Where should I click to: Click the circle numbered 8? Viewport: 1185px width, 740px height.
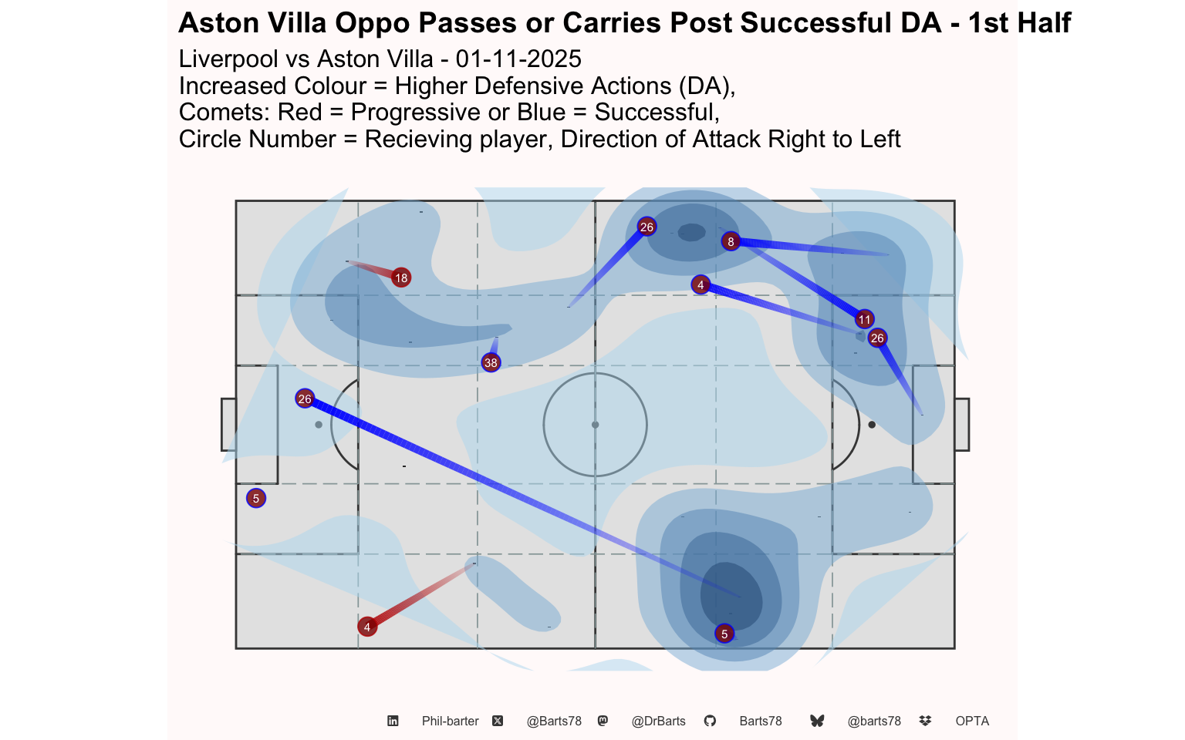click(x=731, y=241)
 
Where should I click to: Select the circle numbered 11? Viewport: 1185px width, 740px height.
click(x=864, y=319)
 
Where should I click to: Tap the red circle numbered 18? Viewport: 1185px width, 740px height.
click(x=400, y=277)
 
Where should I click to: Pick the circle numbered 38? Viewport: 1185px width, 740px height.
click(x=491, y=362)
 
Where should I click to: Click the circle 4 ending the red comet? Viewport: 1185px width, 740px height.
click(x=367, y=627)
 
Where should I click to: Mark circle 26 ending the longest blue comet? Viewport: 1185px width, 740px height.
click(x=305, y=399)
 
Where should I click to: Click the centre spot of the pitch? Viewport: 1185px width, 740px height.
click(x=595, y=425)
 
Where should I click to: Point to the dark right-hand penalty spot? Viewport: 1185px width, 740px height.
click(x=872, y=425)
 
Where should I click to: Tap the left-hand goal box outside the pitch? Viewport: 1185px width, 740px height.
click(x=228, y=425)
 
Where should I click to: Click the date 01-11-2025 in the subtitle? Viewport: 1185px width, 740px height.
click(x=518, y=59)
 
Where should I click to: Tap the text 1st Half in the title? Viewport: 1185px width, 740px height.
click(x=1019, y=23)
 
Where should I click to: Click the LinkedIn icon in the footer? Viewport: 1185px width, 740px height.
click(x=393, y=721)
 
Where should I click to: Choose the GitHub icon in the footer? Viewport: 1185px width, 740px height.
click(x=710, y=721)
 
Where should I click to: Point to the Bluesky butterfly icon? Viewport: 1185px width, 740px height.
click(x=817, y=721)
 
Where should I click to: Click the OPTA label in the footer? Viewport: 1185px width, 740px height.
click(x=972, y=721)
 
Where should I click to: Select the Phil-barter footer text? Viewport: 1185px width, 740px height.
click(x=450, y=721)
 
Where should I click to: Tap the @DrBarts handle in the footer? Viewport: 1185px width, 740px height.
click(x=658, y=721)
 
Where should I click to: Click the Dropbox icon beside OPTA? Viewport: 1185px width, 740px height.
click(x=925, y=721)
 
